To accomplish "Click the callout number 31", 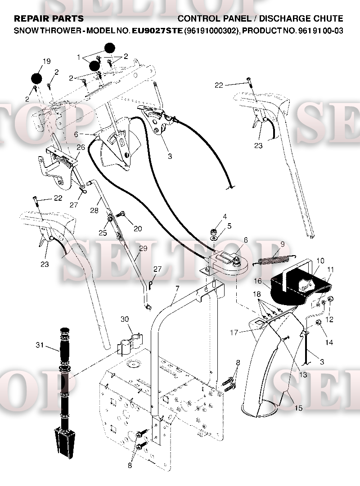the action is [x=40, y=345].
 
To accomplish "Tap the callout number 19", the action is [x=46, y=61].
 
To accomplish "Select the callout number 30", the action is [x=125, y=319].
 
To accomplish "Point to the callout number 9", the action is [x=283, y=244].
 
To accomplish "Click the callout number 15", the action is [x=298, y=408].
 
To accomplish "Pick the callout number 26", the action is [x=81, y=147].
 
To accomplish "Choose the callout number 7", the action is [x=177, y=289].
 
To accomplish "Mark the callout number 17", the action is [x=234, y=333].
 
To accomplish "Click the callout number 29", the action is [x=143, y=248].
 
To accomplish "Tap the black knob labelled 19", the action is [x=37, y=78].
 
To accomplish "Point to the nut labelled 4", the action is [x=213, y=232].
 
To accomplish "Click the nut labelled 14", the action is [x=318, y=323].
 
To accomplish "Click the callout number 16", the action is [x=258, y=281].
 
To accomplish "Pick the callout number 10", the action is [x=320, y=261].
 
